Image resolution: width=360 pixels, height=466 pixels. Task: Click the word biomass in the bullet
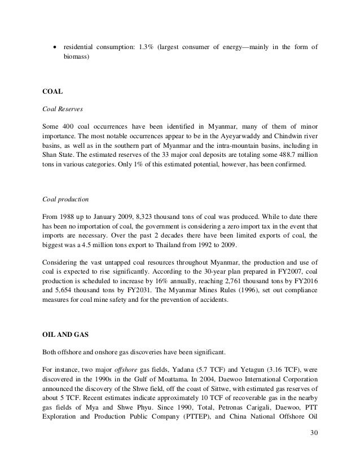pos(75,58)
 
